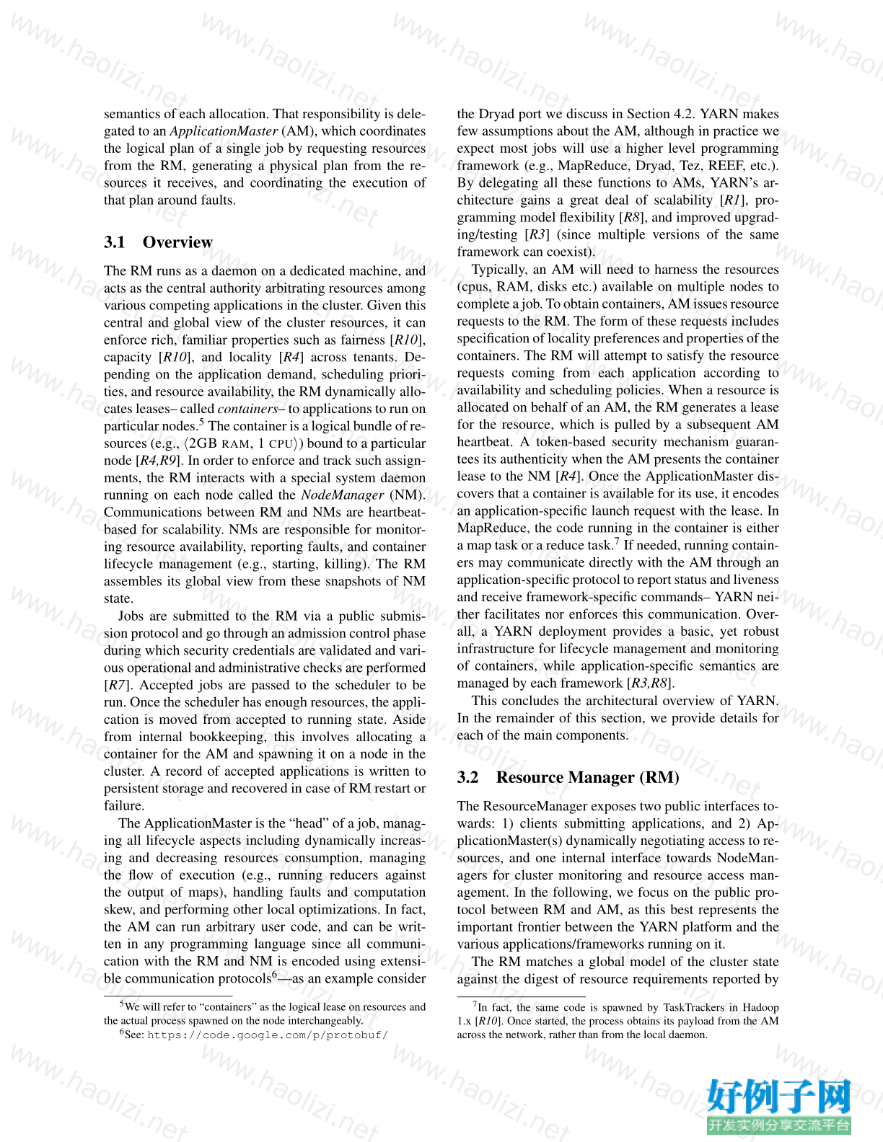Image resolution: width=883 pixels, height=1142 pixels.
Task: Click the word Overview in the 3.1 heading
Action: pos(177,242)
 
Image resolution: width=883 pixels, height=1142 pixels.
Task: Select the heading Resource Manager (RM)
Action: pos(587,777)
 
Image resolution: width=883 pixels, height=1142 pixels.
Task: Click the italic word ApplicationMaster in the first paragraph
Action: pos(224,131)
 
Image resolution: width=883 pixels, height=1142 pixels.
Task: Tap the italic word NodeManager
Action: pos(342,495)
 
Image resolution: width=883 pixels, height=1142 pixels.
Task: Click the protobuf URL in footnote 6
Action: pos(268,1035)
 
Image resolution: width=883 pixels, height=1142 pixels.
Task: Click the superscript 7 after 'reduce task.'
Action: pos(617,541)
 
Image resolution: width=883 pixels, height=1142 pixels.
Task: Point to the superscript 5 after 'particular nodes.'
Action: pos(202,422)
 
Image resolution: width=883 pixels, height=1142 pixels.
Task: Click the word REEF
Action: pos(727,166)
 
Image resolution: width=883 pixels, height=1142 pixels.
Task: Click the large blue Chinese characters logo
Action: pos(779,1097)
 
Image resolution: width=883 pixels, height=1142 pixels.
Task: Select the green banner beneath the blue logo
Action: pos(779,1125)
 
